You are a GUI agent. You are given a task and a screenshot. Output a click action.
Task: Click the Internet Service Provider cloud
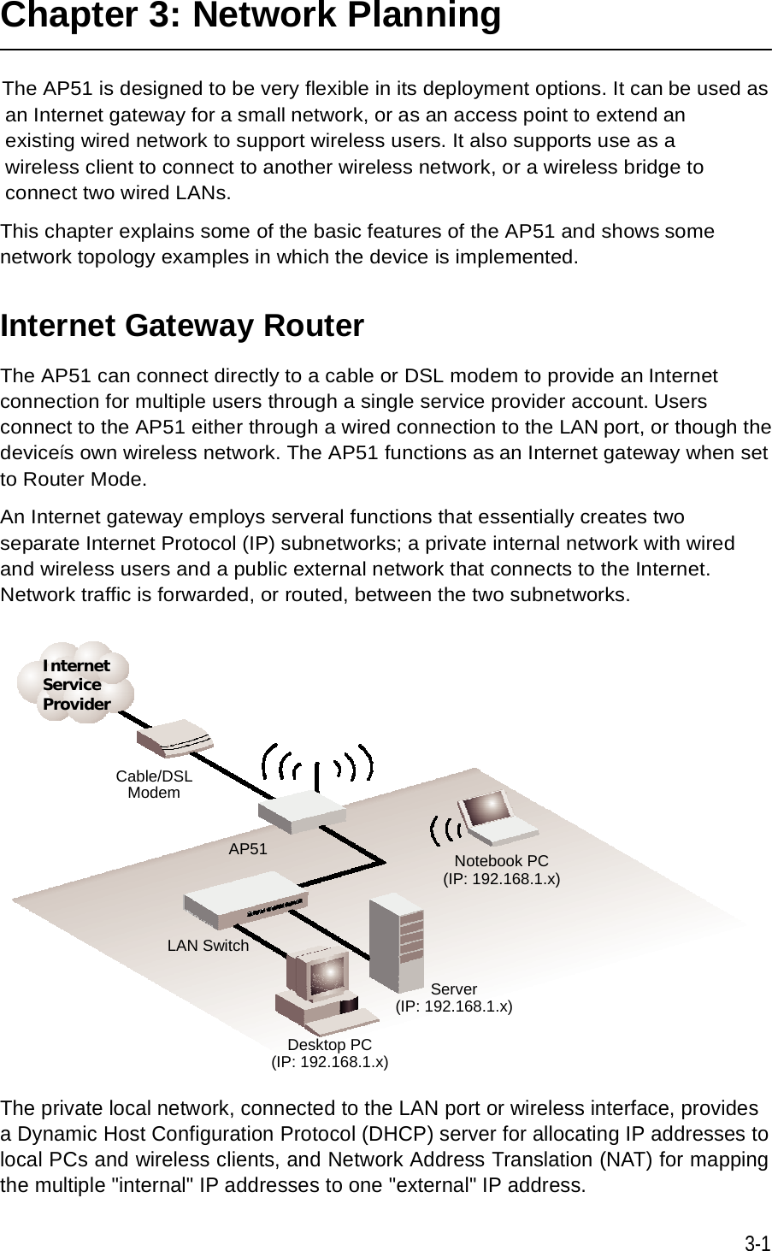(76, 683)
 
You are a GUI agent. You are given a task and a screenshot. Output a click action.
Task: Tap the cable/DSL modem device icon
(174, 738)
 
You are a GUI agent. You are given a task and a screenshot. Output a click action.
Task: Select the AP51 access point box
(302, 811)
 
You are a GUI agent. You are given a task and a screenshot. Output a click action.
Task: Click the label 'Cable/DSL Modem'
(154, 784)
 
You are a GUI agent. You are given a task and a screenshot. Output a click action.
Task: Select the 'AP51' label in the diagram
(248, 849)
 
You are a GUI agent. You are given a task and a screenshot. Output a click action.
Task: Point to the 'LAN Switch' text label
(208, 946)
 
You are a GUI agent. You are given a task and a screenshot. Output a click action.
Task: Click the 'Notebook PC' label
(501, 860)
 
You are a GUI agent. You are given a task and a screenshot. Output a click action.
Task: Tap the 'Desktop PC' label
(329, 1045)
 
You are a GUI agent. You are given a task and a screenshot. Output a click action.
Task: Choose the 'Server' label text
(454, 989)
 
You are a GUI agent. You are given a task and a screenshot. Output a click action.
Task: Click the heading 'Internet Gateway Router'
(183, 326)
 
